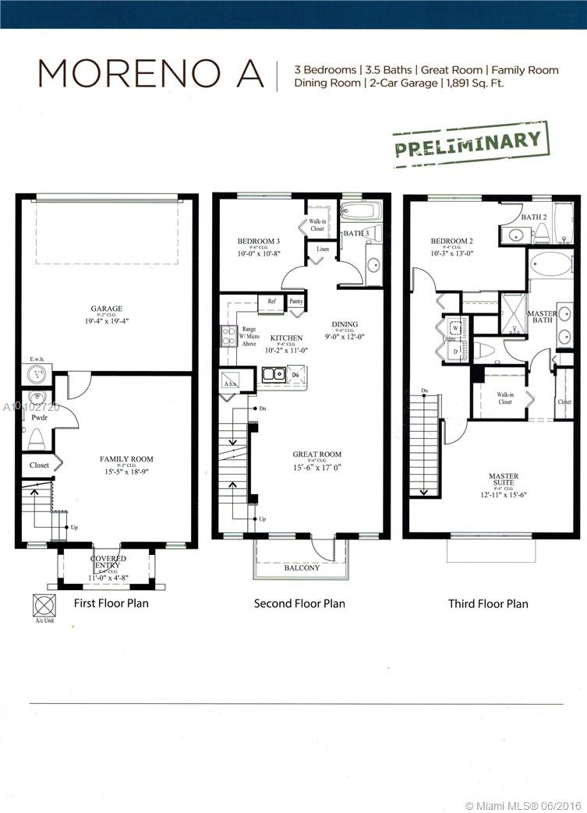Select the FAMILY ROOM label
(x=126, y=459)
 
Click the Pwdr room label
(x=39, y=417)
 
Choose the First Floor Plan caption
(x=111, y=603)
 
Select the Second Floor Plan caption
(x=299, y=603)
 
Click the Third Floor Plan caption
(x=488, y=603)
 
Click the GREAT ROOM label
(x=317, y=454)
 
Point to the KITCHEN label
(x=286, y=338)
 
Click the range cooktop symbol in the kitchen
(x=229, y=335)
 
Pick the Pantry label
(x=295, y=300)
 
